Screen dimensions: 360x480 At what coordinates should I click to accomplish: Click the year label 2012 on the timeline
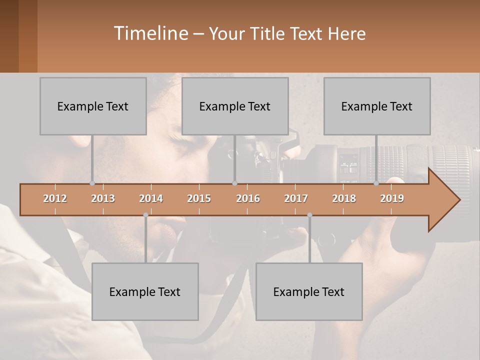tap(55, 198)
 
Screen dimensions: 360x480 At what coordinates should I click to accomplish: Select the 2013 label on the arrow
tap(103, 198)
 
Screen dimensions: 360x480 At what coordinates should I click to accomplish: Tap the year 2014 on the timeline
tap(151, 198)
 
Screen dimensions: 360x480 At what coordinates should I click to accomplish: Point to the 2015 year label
tap(199, 198)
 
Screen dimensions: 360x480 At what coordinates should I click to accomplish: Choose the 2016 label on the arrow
tap(248, 198)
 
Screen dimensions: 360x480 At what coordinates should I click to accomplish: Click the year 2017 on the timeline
tap(296, 198)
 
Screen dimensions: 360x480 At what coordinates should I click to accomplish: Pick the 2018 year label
tap(344, 198)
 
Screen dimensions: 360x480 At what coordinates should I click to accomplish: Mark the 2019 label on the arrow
tap(392, 198)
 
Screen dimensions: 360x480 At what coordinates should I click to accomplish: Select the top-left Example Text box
tap(93, 106)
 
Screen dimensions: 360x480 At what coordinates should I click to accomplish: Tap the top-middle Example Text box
tap(235, 106)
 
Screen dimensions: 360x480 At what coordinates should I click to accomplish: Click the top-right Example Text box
tap(377, 106)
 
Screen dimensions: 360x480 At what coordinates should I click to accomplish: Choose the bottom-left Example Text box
tap(145, 291)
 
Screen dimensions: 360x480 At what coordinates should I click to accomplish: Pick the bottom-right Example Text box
tap(309, 291)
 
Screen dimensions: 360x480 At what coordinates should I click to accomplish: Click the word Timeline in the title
tap(150, 33)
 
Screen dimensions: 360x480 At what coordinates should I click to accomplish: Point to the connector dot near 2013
tap(92, 183)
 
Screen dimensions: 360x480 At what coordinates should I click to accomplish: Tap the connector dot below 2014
tap(145, 215)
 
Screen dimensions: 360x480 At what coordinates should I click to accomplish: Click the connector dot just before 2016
tap(234, 183)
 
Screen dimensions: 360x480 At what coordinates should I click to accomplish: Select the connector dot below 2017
tap(309, 215)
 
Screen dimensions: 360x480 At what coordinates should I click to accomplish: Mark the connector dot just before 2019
tap(376, 183)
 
